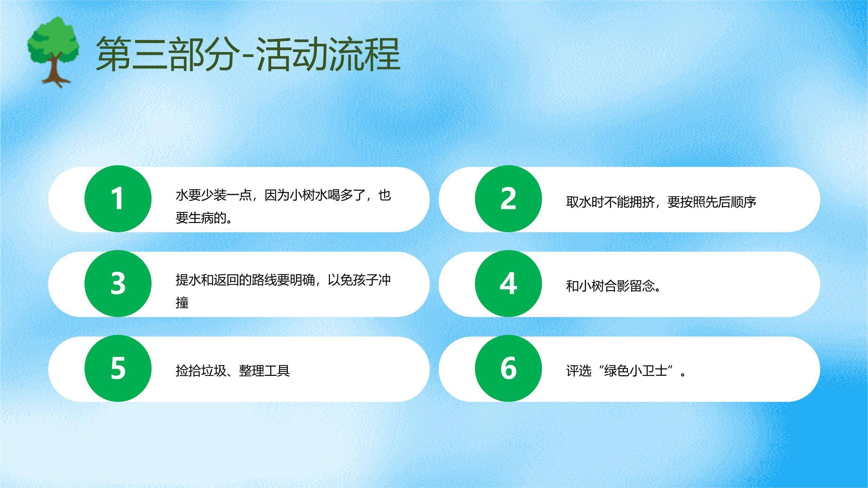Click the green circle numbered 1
118,199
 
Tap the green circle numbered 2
508,199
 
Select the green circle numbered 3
118,284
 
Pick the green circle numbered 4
508,284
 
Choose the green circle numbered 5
118,368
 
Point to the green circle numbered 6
508,368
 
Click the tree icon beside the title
54,51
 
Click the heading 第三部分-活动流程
248,54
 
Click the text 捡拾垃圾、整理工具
233,371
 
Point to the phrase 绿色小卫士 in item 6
635,371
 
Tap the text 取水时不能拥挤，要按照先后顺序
661,202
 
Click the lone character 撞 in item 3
182,302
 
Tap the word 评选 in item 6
579,371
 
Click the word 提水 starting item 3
188,280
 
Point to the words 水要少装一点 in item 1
214,196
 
